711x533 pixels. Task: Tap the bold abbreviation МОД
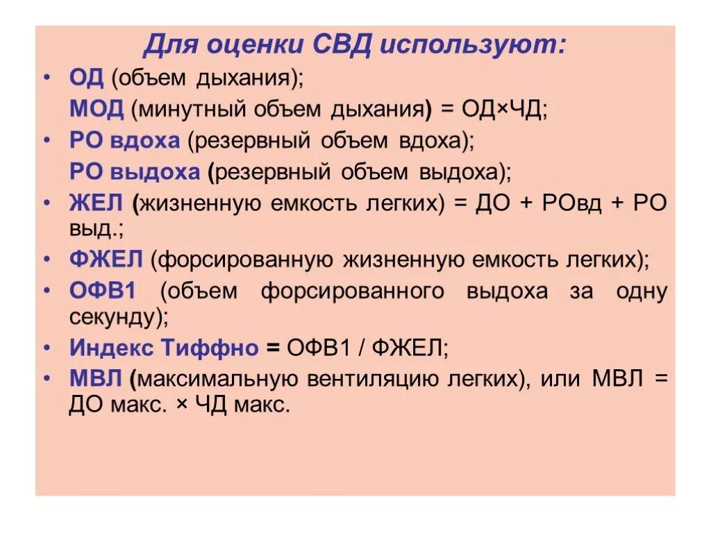click(x=97, y=108)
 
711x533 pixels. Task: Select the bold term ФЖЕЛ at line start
click(x=106, y=260)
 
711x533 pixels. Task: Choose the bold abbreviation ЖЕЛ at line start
click(x=97, y=203)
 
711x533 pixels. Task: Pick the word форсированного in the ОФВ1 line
click(x=352, y=291)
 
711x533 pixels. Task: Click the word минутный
click(x=184, y=109)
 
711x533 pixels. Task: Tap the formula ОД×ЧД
click(x=495, y=109)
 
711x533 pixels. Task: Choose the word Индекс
click(x=111, y=348)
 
